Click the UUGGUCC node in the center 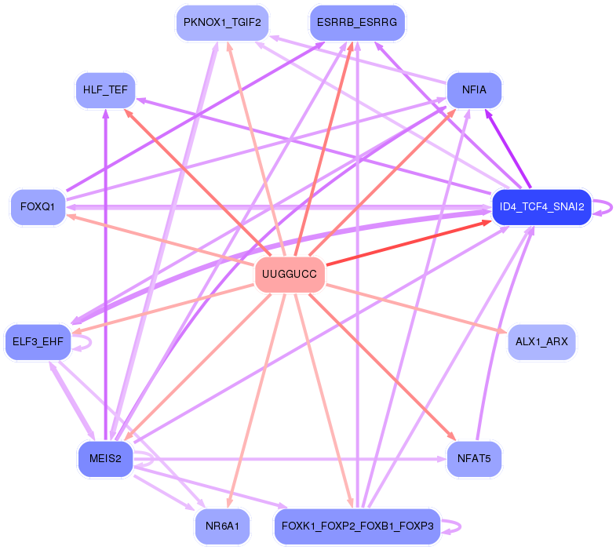pyautogui.click(x=290, y=274)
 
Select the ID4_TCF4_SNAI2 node pyautogui.click(x=541, y=207)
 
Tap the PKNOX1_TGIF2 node pyautogui.click(x=222, y=23)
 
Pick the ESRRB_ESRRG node pyautogui.click(x=357, y=23)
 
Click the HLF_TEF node pyautogui.click(x=105, y=90)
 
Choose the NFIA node pyautogui.click(x=474, y=90)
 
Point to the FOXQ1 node pyautogui.click(x=38, y=207)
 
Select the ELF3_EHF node pyautogui.click(x=38, y=342)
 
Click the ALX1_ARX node pyautogui.click(x=541, y=342)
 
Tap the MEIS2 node pyautogui.click(x=105, y=459)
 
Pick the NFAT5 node pyautogui.click(x=474, y=459)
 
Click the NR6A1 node pyautogui.click(x=222, y=526)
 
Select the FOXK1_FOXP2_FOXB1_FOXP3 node pyautogui.click(x=357, y=526)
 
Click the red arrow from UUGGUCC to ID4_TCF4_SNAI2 pyautogui.click(x=409, y=242)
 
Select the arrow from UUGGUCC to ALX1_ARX pyautogui.click(x=417, y=310)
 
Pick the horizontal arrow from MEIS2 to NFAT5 pyautogui.click(x=290, y=459)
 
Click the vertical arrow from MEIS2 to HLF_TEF pyautogui.click(x=105, y=275)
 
